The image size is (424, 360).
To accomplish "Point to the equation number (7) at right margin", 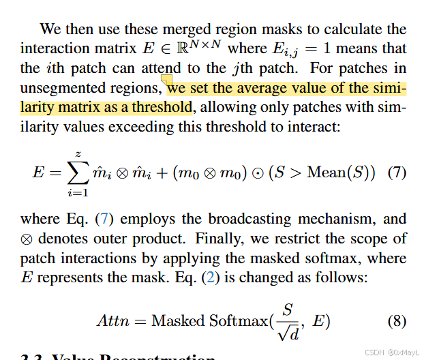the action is coord(397,172).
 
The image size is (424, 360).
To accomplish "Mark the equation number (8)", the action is coord(397,320).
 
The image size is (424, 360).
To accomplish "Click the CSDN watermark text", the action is coord(391,352).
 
